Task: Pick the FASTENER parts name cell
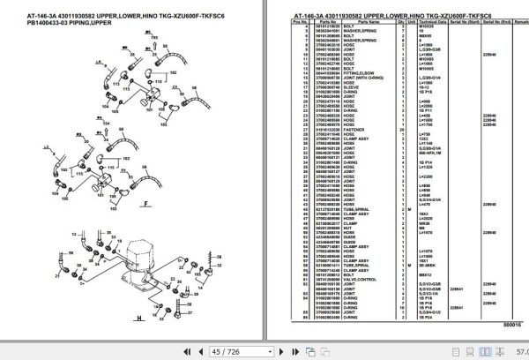[x=349, y=131]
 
